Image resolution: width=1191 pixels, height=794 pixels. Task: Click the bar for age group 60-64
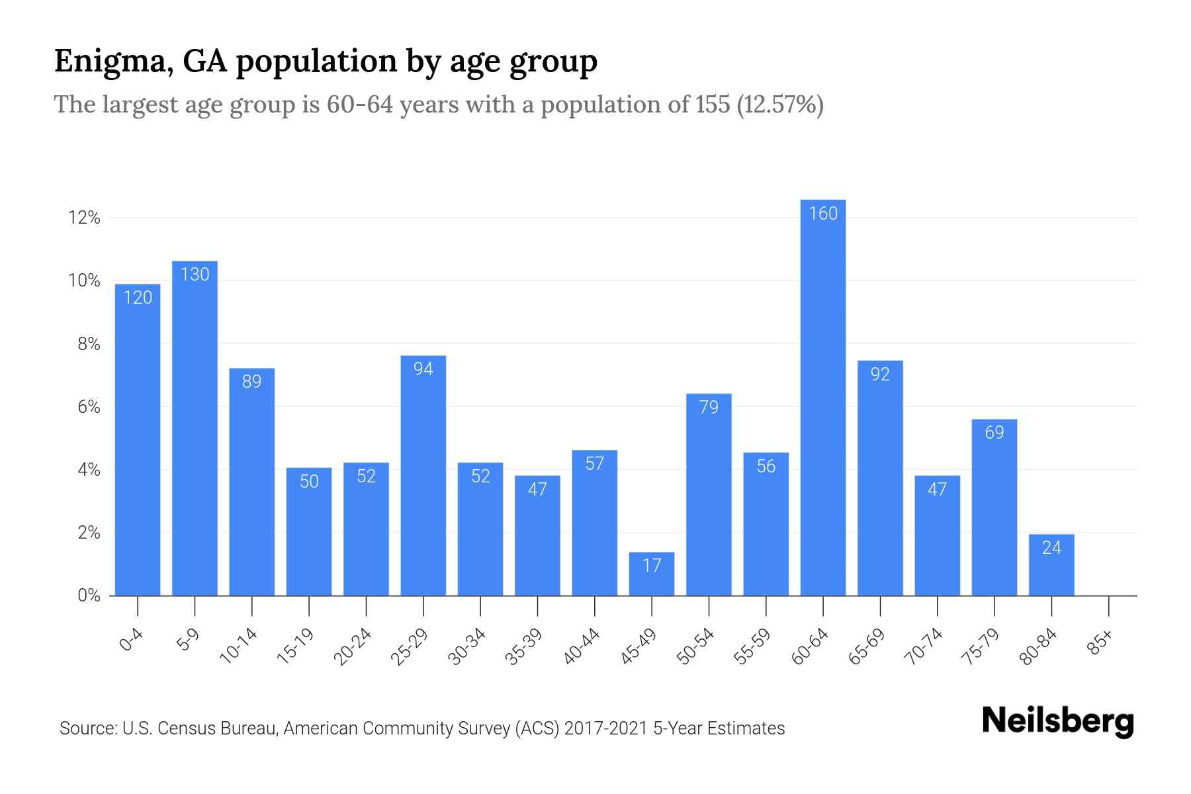[822, 397]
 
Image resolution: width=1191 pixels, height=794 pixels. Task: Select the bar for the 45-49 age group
[652, 574]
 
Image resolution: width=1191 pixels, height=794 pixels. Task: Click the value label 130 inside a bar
[195, 275]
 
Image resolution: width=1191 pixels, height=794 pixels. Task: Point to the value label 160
[823, 213]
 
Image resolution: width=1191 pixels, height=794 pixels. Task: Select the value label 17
[652, 565]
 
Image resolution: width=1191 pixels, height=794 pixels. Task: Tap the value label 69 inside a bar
[994, 433]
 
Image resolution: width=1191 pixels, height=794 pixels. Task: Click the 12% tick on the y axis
[84, 218]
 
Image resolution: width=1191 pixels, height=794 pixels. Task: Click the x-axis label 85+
[1100, 643]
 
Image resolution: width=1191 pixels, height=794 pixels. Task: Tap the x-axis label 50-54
[696, 646]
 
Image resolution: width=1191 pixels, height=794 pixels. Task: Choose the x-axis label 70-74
[924, 646]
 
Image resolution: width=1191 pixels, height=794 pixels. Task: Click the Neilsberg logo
[1057, 721]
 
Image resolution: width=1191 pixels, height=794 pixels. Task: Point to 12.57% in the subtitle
[781, 105]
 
